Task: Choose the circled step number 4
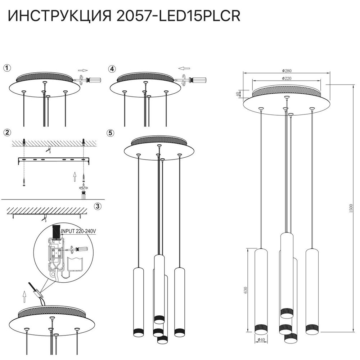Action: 112,68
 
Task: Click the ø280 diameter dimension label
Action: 287,71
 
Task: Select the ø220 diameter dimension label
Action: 287,78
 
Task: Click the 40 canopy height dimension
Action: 237,94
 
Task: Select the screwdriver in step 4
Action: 196,80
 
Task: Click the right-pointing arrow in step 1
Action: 83,71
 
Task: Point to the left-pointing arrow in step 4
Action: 184,67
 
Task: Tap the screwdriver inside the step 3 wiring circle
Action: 77,248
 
